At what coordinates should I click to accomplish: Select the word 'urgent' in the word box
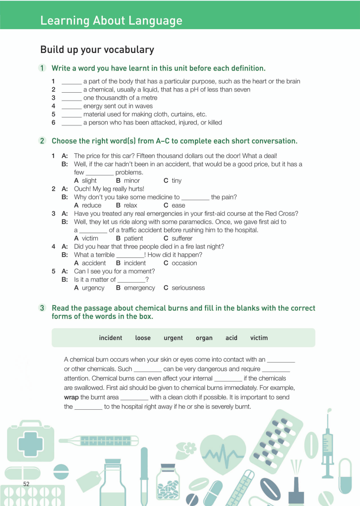coord(173,338)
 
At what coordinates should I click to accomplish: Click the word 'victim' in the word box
coord(259,338)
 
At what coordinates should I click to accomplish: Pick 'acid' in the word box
coord(231,338)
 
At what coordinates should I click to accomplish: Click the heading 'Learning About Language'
coord(111,20)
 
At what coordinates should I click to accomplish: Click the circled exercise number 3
coord(42,308)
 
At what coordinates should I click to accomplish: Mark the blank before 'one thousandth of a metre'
coord(71,98)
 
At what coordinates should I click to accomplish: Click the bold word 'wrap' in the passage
coord(71,397)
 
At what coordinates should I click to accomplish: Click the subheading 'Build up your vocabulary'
coord(97,49)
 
